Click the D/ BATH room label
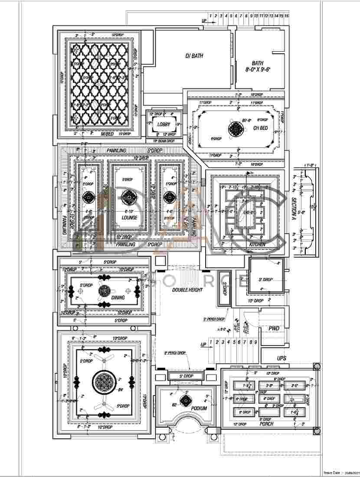pyautogui.click(x=194, y=56)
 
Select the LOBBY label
pyautogui.click(x=164, y=124)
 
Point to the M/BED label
pyautogui.click(x=108, y=134)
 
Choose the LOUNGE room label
pyautogui.click(x=129, y=218)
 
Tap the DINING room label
pyautogui.click(x=118, y=298)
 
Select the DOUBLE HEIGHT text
pyautogui.click(x=187, y=289)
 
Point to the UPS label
pyautogui.click(x=282, y=358)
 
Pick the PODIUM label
pyautogui.click(x=198, y=408)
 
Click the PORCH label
pyautogui.click(x=266, y=424)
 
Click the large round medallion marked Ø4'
pyautogui.click(x=103, y=382)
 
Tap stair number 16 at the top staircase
pyautogui.click(x=287, y=16)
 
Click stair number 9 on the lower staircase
pyautogui.click(x=256, y=342)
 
